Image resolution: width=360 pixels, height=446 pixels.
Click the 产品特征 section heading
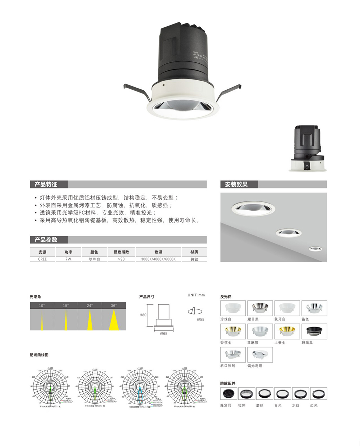[x=46, y=184]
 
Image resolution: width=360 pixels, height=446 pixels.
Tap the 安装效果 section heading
[x=236, y=184]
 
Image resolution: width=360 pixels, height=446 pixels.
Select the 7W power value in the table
[x=68, y=259]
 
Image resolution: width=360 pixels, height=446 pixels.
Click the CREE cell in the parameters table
[x=42, y=259]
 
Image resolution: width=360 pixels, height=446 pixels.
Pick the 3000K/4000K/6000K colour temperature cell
[x=158, y=259]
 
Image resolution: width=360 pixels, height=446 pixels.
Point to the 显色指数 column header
[x=121, y=252]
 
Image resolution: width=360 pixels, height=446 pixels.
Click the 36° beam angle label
[x=114, y=306]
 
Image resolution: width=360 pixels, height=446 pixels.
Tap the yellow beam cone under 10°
[x=42, y=320]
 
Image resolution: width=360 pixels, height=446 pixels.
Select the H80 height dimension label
[x=143, y=315]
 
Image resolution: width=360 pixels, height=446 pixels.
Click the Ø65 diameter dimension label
[x=164, y=334]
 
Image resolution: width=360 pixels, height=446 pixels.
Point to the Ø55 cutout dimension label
[x=201, y=320]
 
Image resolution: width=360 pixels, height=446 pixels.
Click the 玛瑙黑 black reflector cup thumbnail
[x=314, y=331]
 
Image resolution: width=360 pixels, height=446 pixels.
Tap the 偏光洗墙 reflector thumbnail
[x=260, y=355]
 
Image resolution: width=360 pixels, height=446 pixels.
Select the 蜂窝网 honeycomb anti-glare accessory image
[x=229, y=393]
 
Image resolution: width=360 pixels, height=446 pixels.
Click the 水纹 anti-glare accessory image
[x=300, y=393]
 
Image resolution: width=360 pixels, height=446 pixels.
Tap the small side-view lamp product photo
[x=306, y=148]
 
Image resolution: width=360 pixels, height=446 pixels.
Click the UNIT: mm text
[x=196, y=295]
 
